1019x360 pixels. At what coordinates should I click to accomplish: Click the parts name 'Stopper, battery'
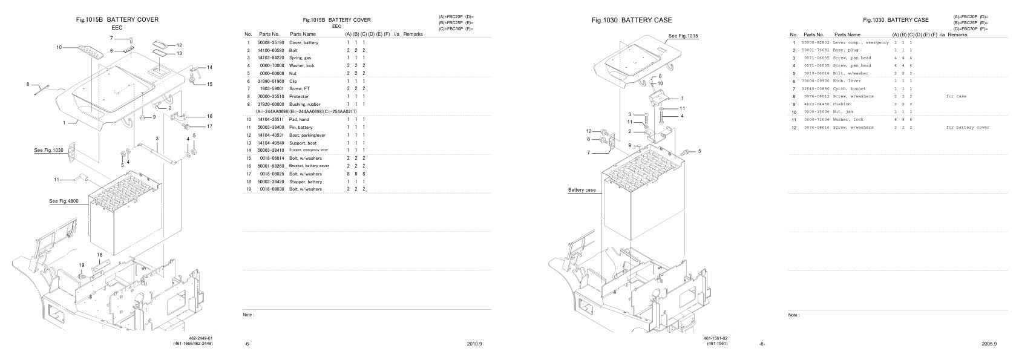[x=306, y=182]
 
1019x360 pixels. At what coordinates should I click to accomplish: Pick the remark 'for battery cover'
[x=968, y=128]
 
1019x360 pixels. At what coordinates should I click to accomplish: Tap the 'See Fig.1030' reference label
[x=48, y=149]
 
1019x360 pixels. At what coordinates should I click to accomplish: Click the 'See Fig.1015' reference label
[x=683, y=36]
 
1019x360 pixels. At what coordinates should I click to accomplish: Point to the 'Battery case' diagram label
[x=582, y=190]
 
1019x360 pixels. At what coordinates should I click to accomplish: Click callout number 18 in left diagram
[x=99, y=255]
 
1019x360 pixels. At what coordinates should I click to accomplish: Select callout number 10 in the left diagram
[x=59, y=47]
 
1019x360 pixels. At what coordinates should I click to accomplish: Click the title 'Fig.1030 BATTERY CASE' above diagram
[x=631, y=20]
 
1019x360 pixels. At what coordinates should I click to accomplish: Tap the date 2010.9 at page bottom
[x=474, y=344]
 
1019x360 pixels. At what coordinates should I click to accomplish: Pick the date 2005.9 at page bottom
[x=989, y=344]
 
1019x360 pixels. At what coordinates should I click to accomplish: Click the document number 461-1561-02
[x=715, y=338]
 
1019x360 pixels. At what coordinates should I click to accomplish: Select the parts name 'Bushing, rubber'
[x=305, y=105]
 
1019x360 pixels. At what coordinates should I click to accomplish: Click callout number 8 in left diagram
[x=28, y=84]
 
